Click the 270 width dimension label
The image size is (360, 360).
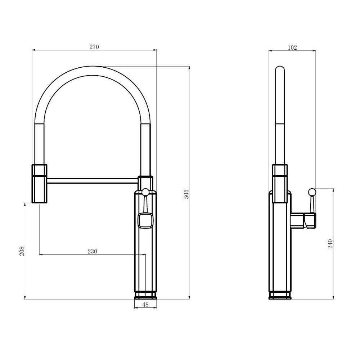94,47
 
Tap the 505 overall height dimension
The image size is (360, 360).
186,194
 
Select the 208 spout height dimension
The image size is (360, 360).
22,251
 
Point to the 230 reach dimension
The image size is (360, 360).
92,251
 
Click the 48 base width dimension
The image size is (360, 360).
145,305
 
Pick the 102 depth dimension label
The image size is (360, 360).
292,47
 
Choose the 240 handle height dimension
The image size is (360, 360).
330,244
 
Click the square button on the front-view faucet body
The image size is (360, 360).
145,220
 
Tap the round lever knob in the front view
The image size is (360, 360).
145,192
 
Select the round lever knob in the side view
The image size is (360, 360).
312,192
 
